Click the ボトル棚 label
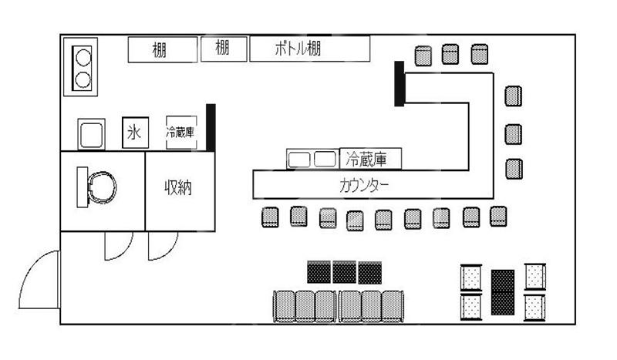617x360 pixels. (298, 49)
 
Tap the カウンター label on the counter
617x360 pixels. (363, 186)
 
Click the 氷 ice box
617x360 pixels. (133, 133)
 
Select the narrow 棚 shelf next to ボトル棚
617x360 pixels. (224, 49)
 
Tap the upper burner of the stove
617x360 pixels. (82, 56)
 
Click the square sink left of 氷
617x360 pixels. (91, 134)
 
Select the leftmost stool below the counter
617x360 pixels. (270, 218)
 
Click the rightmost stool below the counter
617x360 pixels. (498, 217)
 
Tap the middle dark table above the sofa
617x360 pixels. (344, 271)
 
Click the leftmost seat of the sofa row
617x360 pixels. (285, 305)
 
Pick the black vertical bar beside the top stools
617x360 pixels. (400, 84)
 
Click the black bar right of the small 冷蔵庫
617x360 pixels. (210, 128)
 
